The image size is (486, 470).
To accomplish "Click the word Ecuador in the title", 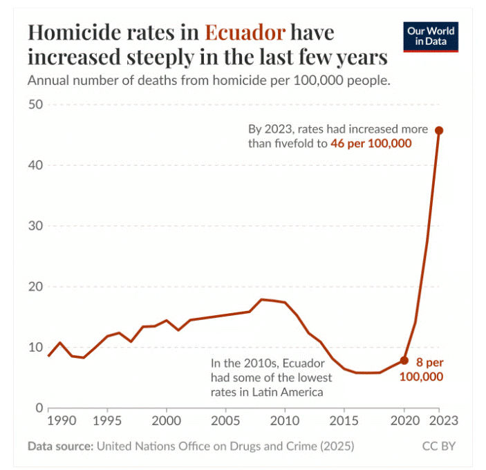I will pyautogui.click(x=245, y=32).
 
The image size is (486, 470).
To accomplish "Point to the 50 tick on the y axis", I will pyautogui.click(x=35, y=104).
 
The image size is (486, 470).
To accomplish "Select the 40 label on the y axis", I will pyautogui.click(x=35, y=165).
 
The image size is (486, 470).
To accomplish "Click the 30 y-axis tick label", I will pyautogui.click(x=35, y=226).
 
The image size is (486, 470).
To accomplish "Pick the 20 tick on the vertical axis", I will pyautogui.click(x=35, y=287).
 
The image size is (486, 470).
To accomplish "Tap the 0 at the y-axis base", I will pyautogui.click(x=40, y=408).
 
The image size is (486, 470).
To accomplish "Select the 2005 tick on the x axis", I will pyautogui.click(x=225, y=420).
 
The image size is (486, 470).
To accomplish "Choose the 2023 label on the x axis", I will pyautogui.click(x=440, y=420).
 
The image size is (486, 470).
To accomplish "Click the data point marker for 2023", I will pyautogui.click(x=439, y=130).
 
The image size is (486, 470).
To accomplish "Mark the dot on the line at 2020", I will pyautogui.click(x=404, y=360).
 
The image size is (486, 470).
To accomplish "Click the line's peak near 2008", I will pyautogui.click(x=261, y=299).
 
